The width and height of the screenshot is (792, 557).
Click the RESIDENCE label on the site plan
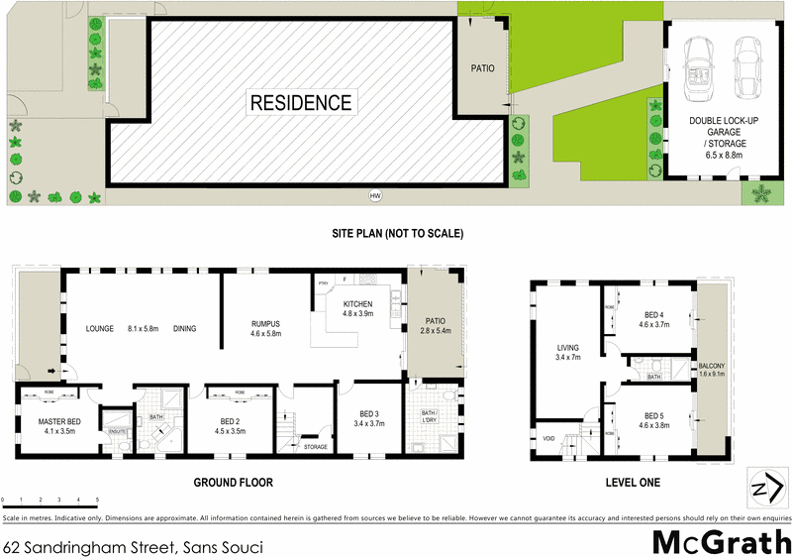pos(300,102)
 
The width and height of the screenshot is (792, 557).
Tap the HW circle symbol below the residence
pos(375,195)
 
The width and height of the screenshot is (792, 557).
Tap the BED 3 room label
pos(357,416)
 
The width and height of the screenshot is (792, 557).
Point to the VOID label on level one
pos(548,437)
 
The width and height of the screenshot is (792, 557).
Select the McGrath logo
pos(720,541)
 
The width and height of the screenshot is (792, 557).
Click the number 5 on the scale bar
pos(97,499)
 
